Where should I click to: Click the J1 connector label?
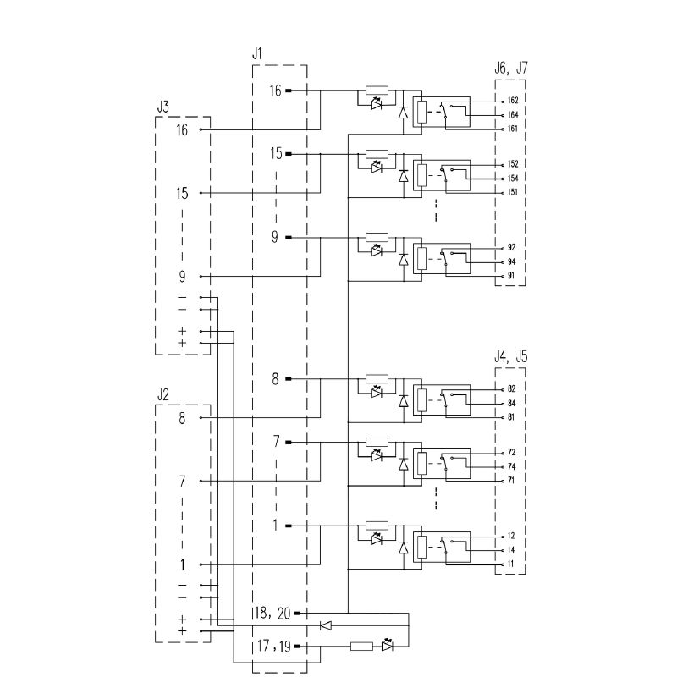pyautogui.click(x=257, y=54)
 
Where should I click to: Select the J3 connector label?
pyautogui.click(x=163, y=107)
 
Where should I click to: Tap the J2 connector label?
pyautogui.click(x=163, y=394)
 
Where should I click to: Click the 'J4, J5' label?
pyautogui.click(x=511, y=357)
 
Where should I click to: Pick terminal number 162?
pyautogui.click(x=512, y=101)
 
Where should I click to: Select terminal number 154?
pyautogui.click(x=512, y=179)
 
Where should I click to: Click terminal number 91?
pyautogui.click(x=511, y=276)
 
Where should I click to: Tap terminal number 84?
pyautogui.click(x=511, y=403)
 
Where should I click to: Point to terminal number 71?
pyautogui.click(x=511, y=480)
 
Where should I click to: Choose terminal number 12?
pyautogui.click(x=511, y=536)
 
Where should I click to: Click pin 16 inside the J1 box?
pyautogui.click(x=276, y=91)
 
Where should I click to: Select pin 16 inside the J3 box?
pyautogui.click(x=183, y=130)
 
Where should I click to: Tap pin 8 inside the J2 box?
pyautogui.click(x=182, y=418)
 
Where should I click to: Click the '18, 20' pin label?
pyautogui.click(x=272, y=612)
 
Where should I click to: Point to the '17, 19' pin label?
pyautogui.click(x=272, y=647)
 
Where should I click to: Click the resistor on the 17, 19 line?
pyautogui.click(x=361, y=647)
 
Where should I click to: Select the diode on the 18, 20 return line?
pyautogui.click(x=326, y=625)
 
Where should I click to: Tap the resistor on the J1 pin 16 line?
pyautogui.click(x=377, y=91)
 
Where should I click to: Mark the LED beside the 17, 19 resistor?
pyautogui.click(x=388, y=646)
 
